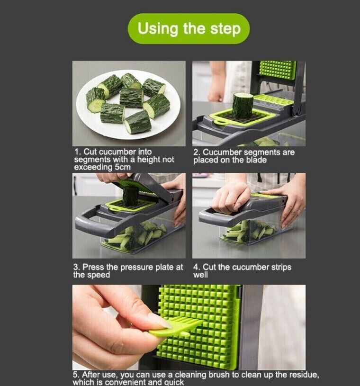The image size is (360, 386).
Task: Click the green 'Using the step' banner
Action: point(189,28)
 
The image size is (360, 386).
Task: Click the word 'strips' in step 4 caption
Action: point(274,267)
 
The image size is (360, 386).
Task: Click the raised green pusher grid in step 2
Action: point(277,70)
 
